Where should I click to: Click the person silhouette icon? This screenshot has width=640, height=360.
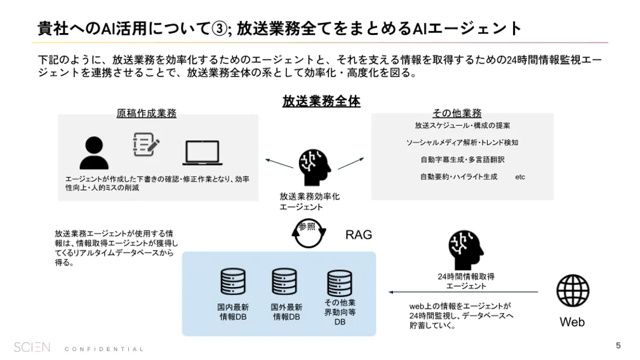click(x=94, y=152)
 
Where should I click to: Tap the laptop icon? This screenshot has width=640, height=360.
click(x=203, y=153)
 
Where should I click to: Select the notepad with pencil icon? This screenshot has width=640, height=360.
click(x=145, y=145)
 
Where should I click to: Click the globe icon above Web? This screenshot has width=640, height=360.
click(x=573, y=291)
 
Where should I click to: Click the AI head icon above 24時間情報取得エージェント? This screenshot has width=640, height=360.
click(x=466, y=249)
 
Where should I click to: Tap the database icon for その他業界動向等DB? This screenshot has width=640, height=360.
click(x=340, y=283)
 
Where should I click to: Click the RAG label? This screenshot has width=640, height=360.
click(x=359, y=235)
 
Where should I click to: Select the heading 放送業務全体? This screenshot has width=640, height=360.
click(x=321, y=101)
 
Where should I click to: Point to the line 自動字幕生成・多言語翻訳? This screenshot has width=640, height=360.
click(x=462, y=159)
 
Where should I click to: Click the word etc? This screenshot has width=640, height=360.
click(x=520, y=177)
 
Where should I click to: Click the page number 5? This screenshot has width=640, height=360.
click(x=618, y=345)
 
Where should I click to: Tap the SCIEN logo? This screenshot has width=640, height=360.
click(x=32, y=347)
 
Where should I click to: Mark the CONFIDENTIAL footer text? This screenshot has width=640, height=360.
click(x=104, y=349)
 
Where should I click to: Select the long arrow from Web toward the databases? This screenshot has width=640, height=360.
click(x=463, y=293)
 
